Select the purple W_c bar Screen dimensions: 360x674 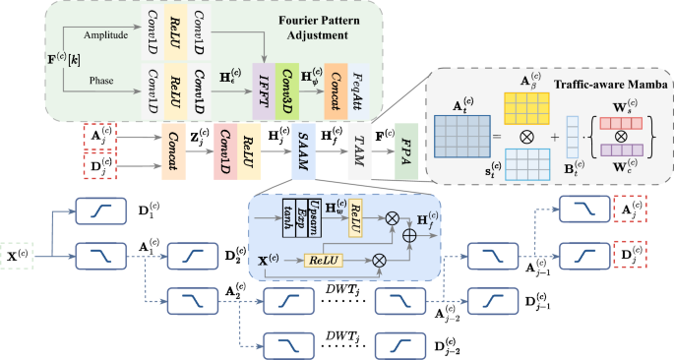[616, 151]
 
